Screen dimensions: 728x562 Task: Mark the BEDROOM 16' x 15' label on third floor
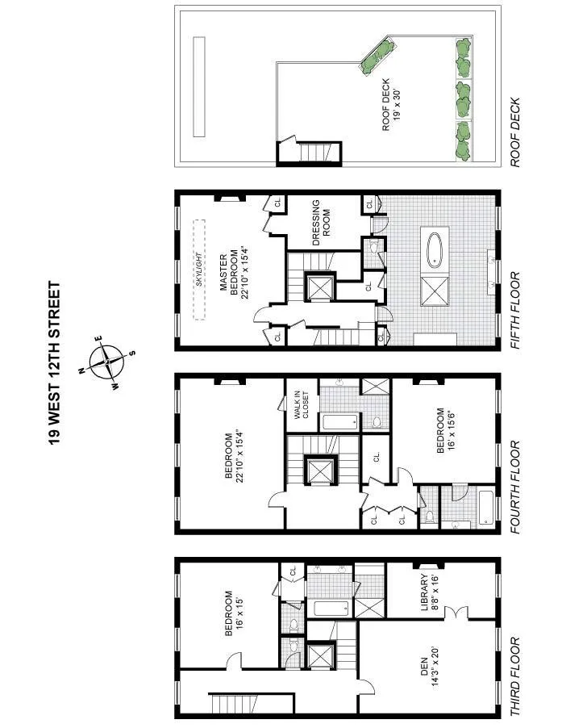pos(234,615)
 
